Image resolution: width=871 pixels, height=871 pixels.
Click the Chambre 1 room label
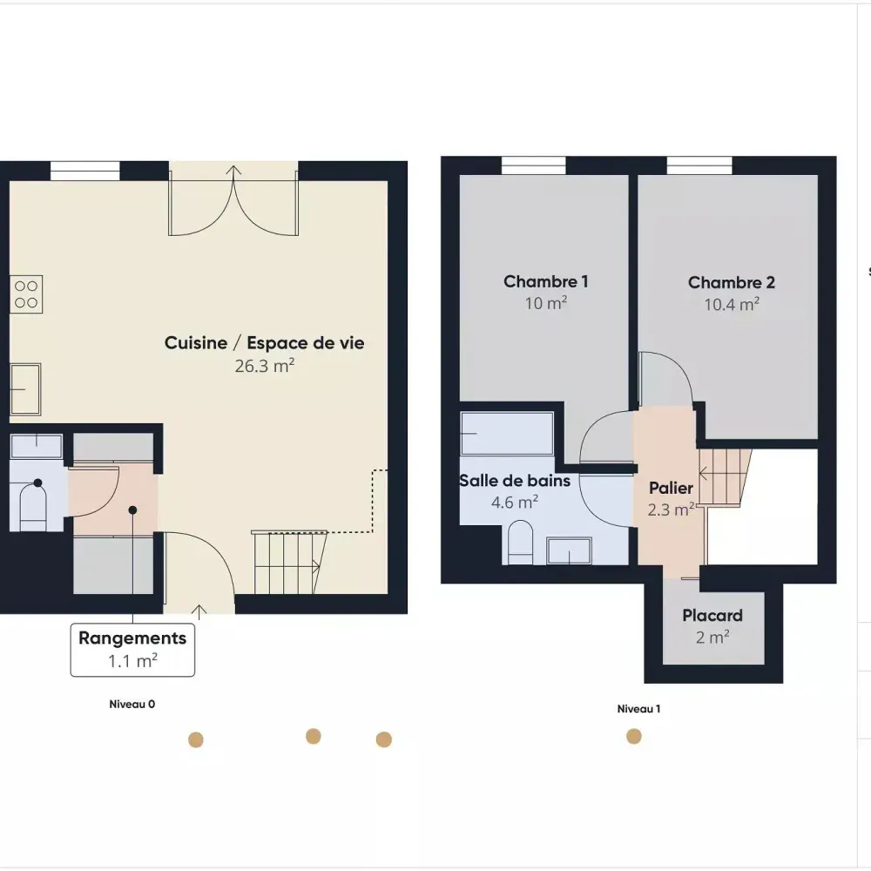[x=545, y=281]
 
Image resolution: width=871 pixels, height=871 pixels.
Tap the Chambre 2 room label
[x=731, y=283]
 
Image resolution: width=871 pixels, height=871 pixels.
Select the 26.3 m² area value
[x=265, y=366]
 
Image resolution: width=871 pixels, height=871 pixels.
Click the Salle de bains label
[x=515, y=481]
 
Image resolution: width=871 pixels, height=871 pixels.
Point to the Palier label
[x=671, y=488]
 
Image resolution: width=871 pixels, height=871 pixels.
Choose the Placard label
[x=712, y=616]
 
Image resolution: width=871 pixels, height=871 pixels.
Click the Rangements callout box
[x=132, y=650]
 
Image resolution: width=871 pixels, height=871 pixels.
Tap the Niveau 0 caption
[x=132, y=705]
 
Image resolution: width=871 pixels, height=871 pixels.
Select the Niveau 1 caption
[x=638, y=709]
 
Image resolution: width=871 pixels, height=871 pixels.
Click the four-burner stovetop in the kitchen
[x=26, y=294]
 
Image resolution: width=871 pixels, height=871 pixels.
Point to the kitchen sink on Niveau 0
[x=25, y=388]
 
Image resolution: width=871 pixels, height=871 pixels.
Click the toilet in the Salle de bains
[x=521, y=542]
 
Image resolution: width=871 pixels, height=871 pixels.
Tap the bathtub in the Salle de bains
[x=507, y=433]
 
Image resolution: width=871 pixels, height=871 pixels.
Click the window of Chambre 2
[x=699, y=165]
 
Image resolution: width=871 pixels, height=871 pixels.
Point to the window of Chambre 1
[x=533, y=165]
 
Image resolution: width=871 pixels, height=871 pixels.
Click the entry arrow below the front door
[x=199, y=611]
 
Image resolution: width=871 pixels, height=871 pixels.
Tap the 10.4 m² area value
[x=732, y=304]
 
